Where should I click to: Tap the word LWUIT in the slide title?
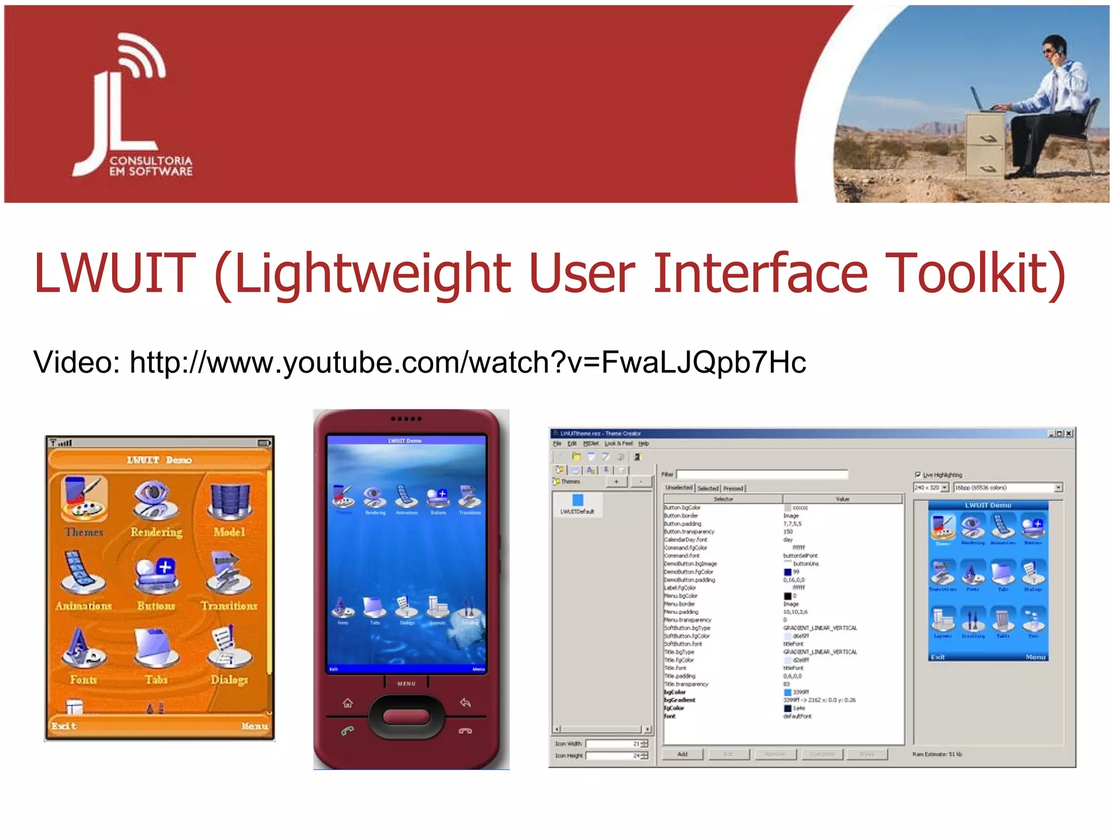[114, 273]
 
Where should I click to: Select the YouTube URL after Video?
[468, 362]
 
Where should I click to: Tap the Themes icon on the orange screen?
[84, 499]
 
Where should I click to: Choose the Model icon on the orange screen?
[230, 500]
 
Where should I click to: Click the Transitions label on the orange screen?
[229, 606]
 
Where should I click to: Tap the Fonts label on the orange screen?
[83, 679]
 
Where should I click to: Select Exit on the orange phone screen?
[64, 726]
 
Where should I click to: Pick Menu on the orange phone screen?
[255, 726]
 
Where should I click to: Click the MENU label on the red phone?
[406, 684]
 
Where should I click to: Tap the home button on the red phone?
[348, 703]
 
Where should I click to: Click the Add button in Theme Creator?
[682, 754]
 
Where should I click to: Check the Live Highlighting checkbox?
[918, 475]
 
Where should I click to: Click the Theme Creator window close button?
[1069, 434]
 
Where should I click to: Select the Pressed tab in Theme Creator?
[733, 488]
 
